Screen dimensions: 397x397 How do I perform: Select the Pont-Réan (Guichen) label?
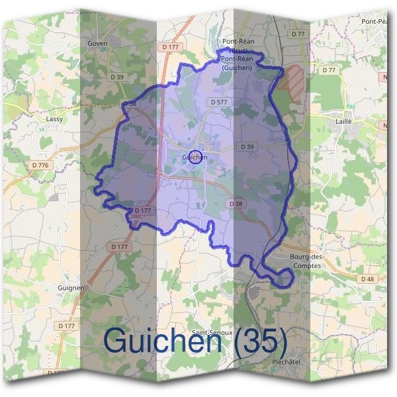[238, 63]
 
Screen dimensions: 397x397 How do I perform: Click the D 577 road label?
[218, 102]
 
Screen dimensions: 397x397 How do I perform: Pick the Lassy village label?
[54, 119]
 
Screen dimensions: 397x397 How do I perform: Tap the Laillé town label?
[344, 122]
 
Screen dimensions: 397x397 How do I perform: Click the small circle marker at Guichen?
[195, 157]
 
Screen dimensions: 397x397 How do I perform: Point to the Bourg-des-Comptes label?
[305, 261]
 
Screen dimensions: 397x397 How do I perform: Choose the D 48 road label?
[368, 279]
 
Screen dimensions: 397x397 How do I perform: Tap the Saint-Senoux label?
[209, 332]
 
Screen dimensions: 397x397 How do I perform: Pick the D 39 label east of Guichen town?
[247, 146]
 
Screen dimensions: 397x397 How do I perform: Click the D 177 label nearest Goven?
[170, 47]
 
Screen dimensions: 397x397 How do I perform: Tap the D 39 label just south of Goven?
[117, 77]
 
